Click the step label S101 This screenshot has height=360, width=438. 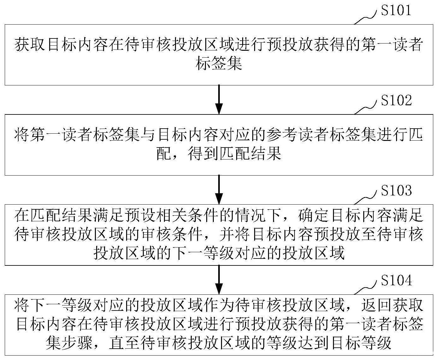tap(396, 10)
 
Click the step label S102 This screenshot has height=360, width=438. tap(396, 101)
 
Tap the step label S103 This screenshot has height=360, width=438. tap(396, 190)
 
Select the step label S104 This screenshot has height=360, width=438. tap(396, 280)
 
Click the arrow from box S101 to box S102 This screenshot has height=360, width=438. tap(219, 99)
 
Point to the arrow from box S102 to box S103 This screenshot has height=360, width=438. tap(219, 189)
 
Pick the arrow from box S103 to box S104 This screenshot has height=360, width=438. tap(219, 279)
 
